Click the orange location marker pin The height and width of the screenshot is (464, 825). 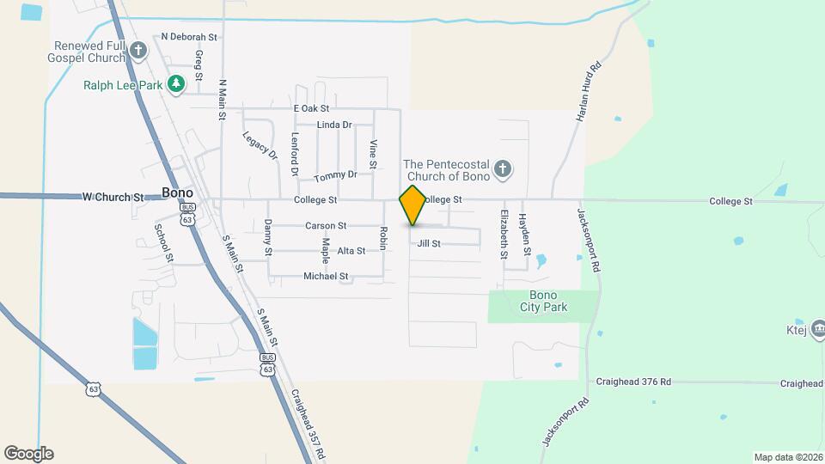pyautogui.click(x=412, y=205)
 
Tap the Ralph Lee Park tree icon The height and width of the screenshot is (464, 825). pyautogui.click(x=176, y=84)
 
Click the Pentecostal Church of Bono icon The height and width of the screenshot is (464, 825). pyautogui.click(x=503, y=169)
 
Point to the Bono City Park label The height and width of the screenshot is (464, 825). pyautogui.click(x=543, y=301)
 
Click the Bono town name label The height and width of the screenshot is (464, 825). pyautogui.click(x=177, y=193)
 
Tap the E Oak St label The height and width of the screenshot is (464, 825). pyautogui.click(x=311, y=109)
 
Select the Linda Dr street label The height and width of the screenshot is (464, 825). pyautogui.click(x=334, y=125)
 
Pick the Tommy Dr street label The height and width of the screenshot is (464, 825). pyautogui.click(x=335, y=176)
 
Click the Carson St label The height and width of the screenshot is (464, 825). pyautogui.click(x=325, y=226)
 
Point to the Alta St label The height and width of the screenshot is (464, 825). pyautogui.click(x=351, y=251)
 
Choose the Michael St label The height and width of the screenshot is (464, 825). pyautogui.click(x=326, y=277)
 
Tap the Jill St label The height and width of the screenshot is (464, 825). pyautogui.click(x=429, y=244)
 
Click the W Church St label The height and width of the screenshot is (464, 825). pyautogui.click(x=113, y=197)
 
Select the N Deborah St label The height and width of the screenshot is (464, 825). pyautogui.click(x=189, y=37)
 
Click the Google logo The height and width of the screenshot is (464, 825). pyautogui.click(x=28, y=454)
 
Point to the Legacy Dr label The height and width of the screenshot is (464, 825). pyautogui.click(x=260, y=145)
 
